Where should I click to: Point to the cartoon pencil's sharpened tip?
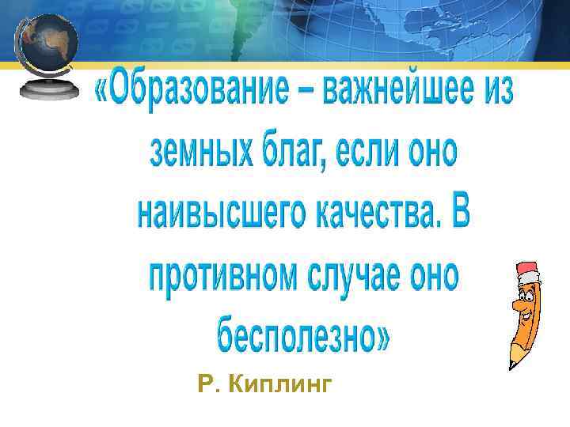pyautogui.click(x=511, y=363)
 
